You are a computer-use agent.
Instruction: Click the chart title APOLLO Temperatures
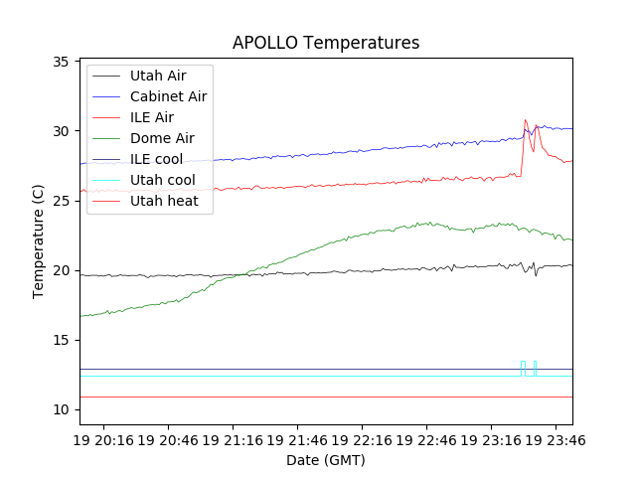point(326,43)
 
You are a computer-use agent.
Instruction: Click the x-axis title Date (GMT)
point(326,460)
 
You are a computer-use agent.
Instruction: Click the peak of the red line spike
point(526,120)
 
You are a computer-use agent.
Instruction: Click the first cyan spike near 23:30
point(523,362)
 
